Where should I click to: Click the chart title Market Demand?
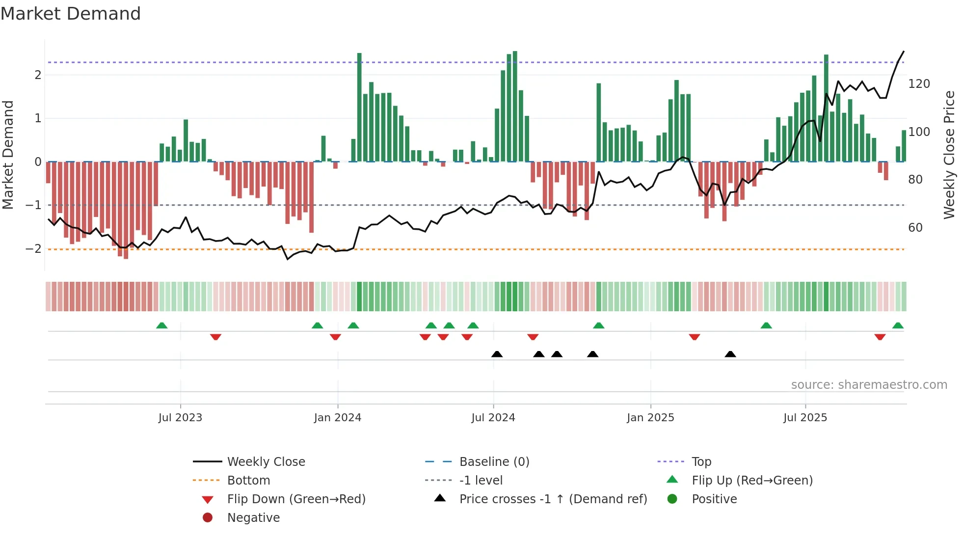(x=71, y=14)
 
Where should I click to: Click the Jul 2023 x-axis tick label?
(x=180, y=418)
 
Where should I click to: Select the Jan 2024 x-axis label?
(x=338, y=418)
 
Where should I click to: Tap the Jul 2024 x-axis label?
(x=493, y=418)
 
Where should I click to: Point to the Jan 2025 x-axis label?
(x=650, y=418)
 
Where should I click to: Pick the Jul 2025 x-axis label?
(x=805, y=418)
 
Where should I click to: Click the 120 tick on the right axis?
(x=919, y=84)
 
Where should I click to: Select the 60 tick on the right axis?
(x=915, y=228)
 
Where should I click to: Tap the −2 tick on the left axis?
(x=33, y=249)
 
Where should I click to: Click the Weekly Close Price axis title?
(x=949, y=155)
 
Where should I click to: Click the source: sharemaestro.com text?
(x=869, y=385)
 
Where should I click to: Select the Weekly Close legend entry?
(x=266, y=462)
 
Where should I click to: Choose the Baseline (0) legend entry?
(x=494, y=462)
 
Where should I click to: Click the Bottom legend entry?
(x=248, y=481)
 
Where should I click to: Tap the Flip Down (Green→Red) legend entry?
(x=296, y=499)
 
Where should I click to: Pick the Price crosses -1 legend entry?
(x=553, y=499)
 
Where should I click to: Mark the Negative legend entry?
(x=253, y=518)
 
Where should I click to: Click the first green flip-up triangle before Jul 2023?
(x=161, y=325)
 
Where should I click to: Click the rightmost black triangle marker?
(x=730, y=354)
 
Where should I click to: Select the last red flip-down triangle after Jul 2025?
(x=880, y=337)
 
